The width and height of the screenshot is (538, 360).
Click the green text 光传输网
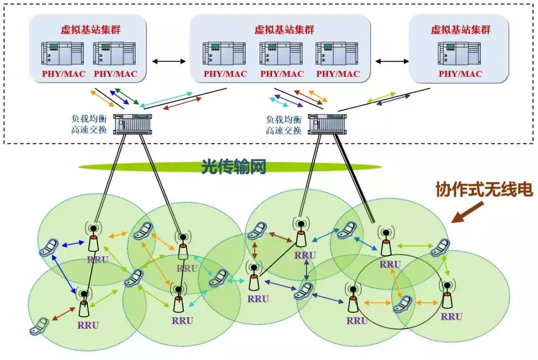[x=233, y=167]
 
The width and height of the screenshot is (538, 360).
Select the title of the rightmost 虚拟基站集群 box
[x=460, y=30]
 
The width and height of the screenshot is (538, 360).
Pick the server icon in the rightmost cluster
[x=460, y=53]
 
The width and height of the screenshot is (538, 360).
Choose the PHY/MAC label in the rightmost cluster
[x=460, y=74]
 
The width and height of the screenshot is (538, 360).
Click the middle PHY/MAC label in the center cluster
[x=281, y=74]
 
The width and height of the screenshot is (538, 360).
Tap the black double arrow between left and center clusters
[x=168, y=61]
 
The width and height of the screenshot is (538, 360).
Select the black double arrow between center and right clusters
[x=391, y=61]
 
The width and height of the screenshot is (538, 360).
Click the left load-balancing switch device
[x=132, y=124]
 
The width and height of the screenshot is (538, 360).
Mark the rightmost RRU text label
[x=451, y=316]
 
